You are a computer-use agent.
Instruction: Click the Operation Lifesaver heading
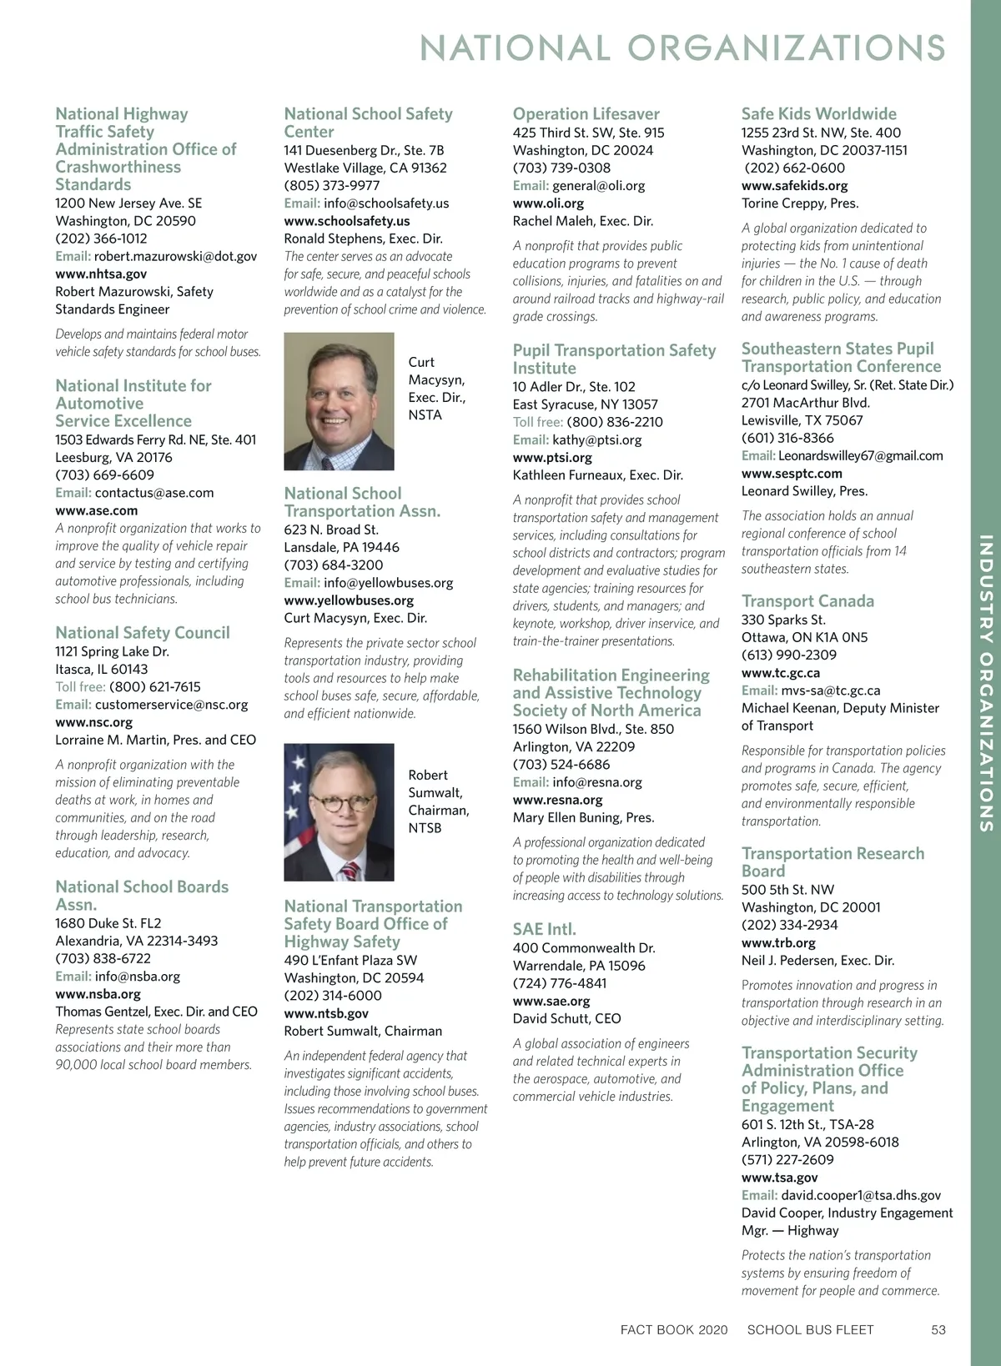[x=586, y=114]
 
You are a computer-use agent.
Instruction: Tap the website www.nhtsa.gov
[x=101, y=274]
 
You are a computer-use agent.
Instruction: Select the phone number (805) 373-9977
[x=331, y=185]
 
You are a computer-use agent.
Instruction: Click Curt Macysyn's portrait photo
[x=339, y=401]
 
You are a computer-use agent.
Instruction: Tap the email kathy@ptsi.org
[x=596, y=439]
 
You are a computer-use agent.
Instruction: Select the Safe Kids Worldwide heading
[x=818, y=114]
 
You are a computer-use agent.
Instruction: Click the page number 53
[x=938, y=1329]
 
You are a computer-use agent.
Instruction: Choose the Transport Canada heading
[x=807, y=601]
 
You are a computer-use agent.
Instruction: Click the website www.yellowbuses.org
[x=349, y=600]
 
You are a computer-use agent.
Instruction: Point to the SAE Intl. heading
[x=544, y=929]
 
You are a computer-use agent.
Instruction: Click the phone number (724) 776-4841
[x=560, y=983]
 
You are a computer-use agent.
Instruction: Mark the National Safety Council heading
[x=142, y=633]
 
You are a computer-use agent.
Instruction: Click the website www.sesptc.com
[x=792, y=474]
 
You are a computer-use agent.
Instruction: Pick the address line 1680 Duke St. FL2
[x=108, y=923]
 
